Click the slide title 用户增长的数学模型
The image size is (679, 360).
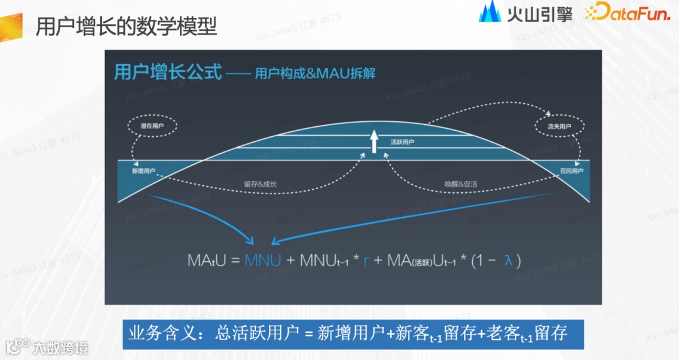click(x=126, y=27)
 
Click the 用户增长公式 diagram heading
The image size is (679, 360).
click(x=168, y=72)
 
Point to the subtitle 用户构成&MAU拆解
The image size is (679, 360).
click(x=315, y=74)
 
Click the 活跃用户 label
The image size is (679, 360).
click(x=402, y=143)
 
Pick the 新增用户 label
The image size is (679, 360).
click(x=143, y=171)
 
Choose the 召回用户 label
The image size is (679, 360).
click(x=571, y=171)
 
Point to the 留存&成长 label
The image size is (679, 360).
click(x=260, y=184)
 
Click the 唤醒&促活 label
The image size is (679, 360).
click(x=461, y=184)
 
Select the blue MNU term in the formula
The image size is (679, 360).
click(x=263, y=259)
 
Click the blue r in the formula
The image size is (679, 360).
click(x=367, y=260)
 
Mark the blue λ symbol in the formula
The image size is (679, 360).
click(x=508, y=259)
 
